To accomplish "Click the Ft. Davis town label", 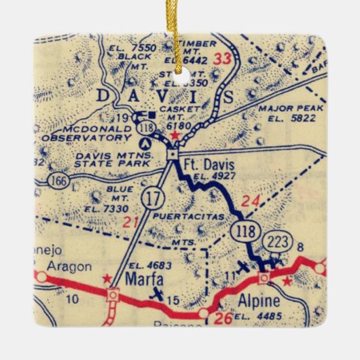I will point(206,164).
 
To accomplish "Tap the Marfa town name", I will point(144,278).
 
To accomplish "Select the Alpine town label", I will point(255,302).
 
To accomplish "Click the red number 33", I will point(223,60).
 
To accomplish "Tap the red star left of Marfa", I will point(106,278).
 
